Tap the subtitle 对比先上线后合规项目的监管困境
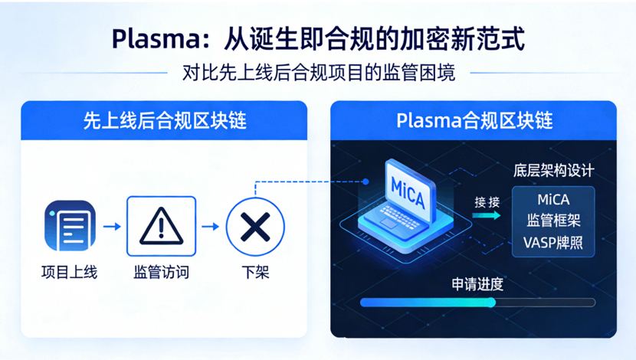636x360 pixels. [x=318, y=73]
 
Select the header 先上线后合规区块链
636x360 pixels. [x=164, y=120]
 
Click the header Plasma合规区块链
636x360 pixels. [x=474, y=120]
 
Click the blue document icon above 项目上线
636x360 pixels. [x=70, y=226]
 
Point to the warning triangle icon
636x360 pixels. [x=161, y=226]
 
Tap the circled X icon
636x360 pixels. [x=255, y=226]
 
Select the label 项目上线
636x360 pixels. [x=70, y=272]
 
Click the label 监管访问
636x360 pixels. [x=161, y=272]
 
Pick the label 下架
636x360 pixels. [x=255, y=272]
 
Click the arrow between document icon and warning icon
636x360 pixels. [x=112, y=227]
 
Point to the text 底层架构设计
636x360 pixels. [x=553, y=171]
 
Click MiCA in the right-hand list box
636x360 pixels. [x=553, y=200]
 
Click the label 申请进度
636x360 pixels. [x=477, y=284]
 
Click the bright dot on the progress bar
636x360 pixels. [x=493, y=303]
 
